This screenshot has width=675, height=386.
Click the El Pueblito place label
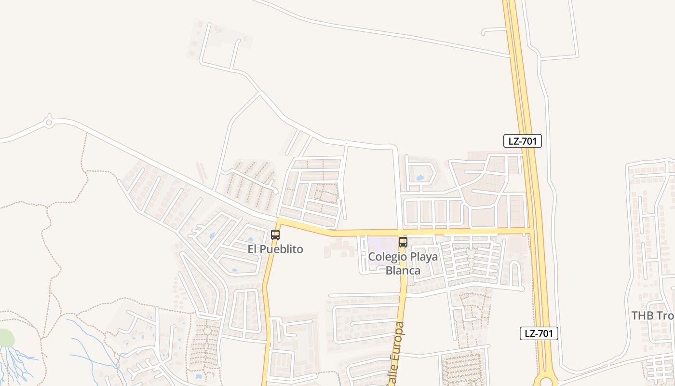click(275, 249)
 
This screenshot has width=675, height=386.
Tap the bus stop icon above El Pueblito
click(275, 235)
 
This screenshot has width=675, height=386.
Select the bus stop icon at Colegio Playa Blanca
click(403, 242)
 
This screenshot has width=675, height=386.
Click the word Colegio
click(385, 257)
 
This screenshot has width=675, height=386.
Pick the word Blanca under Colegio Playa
click(403, 271)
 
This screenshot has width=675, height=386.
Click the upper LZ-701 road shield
click(523, 141)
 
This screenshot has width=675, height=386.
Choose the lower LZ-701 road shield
click(539, 333)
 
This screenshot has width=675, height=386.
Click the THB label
click(643, 316)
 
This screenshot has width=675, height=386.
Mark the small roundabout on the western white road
click(49, 123)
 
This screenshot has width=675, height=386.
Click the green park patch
click(6, 338)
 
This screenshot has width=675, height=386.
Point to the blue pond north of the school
click(419, 178)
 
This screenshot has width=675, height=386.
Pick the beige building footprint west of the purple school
click(339, 248)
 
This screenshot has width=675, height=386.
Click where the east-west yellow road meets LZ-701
click(530, 231)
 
